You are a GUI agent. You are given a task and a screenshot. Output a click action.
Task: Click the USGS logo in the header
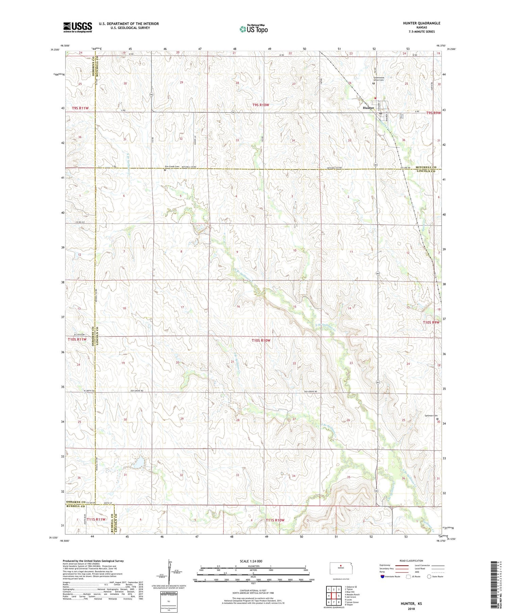78,27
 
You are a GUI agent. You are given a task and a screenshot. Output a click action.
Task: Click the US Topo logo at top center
253,29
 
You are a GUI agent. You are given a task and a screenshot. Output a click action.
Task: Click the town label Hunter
368,108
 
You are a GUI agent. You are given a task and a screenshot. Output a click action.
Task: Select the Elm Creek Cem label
172,166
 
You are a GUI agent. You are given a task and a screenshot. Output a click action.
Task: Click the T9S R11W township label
80,108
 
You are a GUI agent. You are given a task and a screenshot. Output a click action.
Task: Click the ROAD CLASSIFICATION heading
411,561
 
